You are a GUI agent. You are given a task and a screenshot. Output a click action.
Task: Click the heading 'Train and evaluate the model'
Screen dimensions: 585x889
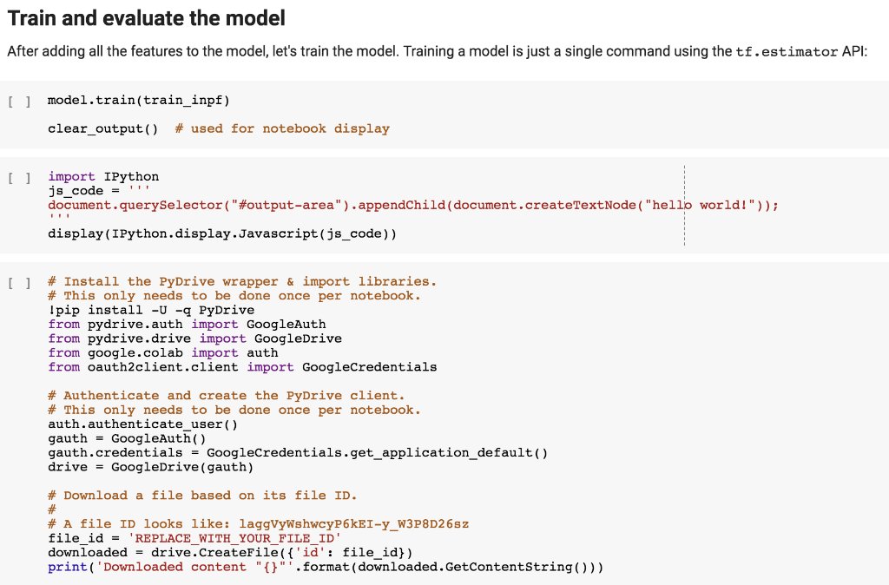click(x=146, y=18)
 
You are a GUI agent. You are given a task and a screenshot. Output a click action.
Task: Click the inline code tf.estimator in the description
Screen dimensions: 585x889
click(x=786, y=52)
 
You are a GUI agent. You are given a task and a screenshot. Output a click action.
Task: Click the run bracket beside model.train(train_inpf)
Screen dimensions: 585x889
click(x=18, y=102)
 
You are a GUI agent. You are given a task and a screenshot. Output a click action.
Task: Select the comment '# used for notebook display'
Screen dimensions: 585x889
click(x=281, y=128)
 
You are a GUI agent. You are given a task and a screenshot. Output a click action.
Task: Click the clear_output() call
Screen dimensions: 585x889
click(x=103, y=128)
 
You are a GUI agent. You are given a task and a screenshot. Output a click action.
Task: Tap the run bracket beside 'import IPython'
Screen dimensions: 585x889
click(x=18, y=177)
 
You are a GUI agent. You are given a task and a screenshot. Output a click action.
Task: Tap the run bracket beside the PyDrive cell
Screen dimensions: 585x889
click(x=18, y=282)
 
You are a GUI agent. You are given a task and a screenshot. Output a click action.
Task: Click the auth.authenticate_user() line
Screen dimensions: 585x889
click(x=142, y=424)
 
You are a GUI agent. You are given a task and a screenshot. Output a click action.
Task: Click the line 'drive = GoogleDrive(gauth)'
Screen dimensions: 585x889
click(x=150, y=467)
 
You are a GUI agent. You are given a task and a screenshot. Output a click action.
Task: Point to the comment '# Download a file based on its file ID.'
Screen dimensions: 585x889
click(x=202, y=495)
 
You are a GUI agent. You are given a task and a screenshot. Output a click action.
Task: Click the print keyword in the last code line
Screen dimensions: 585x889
click(x=67, y=567)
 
